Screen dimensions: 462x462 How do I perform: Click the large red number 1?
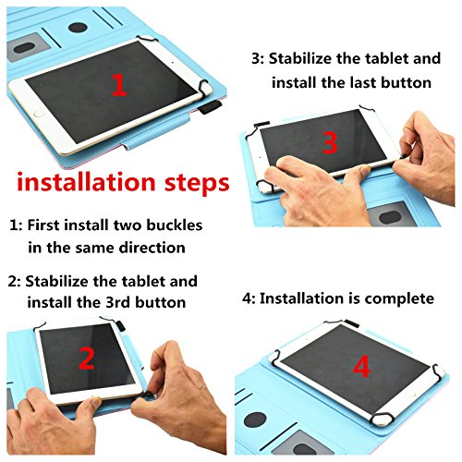point(119,85)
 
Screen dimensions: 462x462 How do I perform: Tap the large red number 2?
point(87,358)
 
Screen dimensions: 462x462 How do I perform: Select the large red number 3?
point(330,142)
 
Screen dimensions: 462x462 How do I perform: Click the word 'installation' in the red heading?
point(86,182)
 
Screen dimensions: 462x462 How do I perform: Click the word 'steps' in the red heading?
point(197,184)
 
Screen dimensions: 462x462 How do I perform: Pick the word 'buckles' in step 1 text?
point(174,225)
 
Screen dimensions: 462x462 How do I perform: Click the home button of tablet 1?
point(39,115)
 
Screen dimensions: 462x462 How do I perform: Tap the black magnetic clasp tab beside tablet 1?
point(210,107)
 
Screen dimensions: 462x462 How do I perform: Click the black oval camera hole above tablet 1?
point(78,28)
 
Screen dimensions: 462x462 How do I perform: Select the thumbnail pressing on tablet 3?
point(365,169)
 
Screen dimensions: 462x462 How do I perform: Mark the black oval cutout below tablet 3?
point(390,217)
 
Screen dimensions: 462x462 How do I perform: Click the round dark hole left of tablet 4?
point(255,419)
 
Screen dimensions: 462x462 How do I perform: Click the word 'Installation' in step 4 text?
point(301,298)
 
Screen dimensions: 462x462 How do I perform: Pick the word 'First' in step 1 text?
point(43,225)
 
